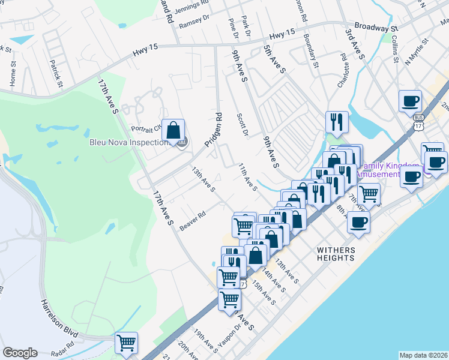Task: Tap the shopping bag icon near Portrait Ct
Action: coord(173,130)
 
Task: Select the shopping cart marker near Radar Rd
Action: coord(127,343)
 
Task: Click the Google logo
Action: coord(20,353)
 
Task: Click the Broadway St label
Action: coord(376,28)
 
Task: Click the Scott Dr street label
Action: coord(243,125)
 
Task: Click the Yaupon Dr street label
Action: coord(229,334)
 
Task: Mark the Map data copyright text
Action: coord(423,355)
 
